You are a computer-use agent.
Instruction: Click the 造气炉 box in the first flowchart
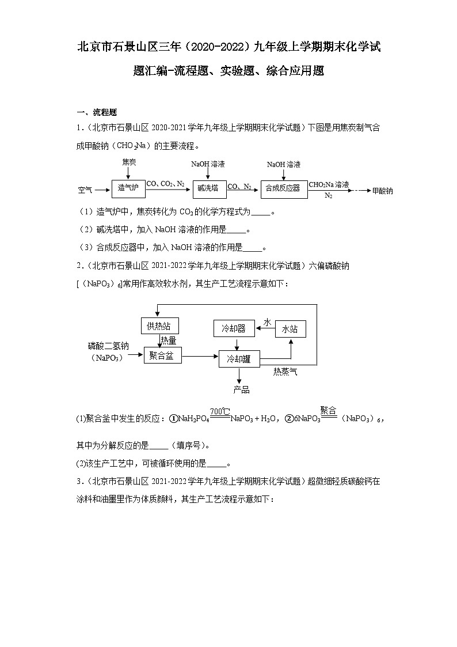128,188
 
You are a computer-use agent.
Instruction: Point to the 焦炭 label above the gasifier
129,163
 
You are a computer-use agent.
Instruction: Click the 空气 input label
86,189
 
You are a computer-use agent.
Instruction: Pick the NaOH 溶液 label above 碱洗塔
208,164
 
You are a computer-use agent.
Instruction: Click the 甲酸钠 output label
383,191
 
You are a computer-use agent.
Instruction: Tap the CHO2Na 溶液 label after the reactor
329,184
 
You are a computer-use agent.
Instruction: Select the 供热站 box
159,326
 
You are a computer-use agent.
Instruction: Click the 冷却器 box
234,328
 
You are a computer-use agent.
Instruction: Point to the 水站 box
290,329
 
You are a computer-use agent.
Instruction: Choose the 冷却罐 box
238,359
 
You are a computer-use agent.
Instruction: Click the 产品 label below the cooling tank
242,390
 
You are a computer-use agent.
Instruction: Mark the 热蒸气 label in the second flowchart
285,372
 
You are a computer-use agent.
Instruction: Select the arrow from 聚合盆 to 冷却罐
200,357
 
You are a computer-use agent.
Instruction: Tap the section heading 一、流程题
97,112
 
